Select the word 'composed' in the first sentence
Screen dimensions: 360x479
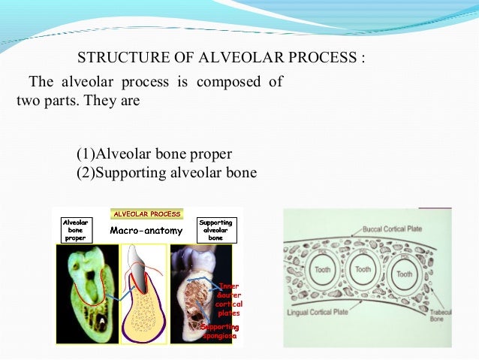click(227, 82)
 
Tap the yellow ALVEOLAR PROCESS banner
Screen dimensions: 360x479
click(146, 214)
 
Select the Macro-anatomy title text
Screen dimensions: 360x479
click(146, 230)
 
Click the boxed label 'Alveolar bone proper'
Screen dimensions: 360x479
click(76, 230)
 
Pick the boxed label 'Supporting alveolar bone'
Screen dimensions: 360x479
click(215, 230)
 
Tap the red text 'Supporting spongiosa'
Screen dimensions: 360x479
click(219, 332)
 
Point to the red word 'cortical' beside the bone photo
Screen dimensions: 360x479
click(227, 303)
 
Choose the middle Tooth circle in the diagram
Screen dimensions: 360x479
click(363, 269)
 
